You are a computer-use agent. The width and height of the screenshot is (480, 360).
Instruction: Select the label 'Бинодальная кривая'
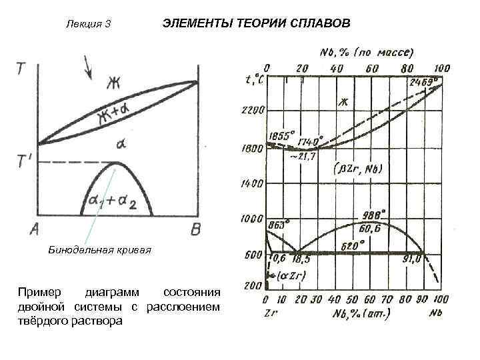tap(100, 250)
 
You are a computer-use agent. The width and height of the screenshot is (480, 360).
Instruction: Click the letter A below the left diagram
tap(34, 229)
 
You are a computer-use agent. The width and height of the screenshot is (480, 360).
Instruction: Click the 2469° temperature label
tap(425, 81)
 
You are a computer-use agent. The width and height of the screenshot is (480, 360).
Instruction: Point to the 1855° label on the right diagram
tap(281, 135)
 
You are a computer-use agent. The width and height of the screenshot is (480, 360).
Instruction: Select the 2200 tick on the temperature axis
tap(253, 109)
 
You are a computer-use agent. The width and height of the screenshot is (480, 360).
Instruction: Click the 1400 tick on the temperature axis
tap(253, 183)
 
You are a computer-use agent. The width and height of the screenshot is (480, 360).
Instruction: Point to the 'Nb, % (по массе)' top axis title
tap(366, 51)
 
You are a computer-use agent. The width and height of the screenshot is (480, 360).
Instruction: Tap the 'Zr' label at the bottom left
tap(271, 311)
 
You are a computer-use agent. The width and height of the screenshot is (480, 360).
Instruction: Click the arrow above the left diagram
tap(87, 67)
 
